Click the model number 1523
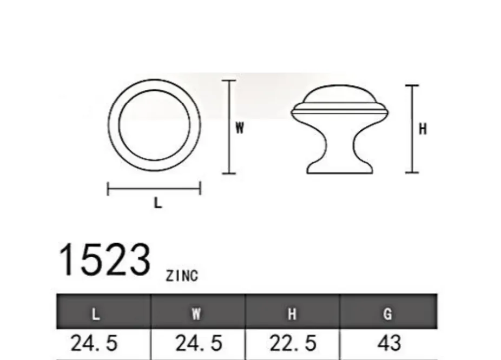104,259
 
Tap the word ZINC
182,276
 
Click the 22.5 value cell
293,343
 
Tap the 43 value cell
389,343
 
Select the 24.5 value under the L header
94,343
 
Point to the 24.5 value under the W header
199,343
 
